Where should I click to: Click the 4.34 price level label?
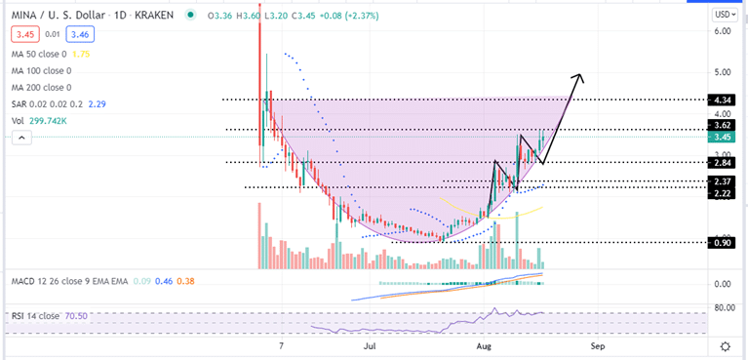point(724,100)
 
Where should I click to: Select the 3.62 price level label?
point(724,125)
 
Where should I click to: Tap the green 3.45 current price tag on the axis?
point(724,138)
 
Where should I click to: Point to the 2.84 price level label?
point(724,162)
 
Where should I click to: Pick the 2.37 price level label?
point(724,180)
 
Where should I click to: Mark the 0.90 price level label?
point(724,242)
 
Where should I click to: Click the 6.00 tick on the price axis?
point(723,31)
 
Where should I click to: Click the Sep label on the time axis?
point(598,345)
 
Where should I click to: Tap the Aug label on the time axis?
point(485,345)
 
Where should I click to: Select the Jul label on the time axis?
point(371,345)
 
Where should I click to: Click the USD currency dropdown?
point(724,15)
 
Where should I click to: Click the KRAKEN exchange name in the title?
point(153,15)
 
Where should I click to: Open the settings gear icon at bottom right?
point(725,345)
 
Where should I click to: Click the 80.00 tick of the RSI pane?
point(724,308)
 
